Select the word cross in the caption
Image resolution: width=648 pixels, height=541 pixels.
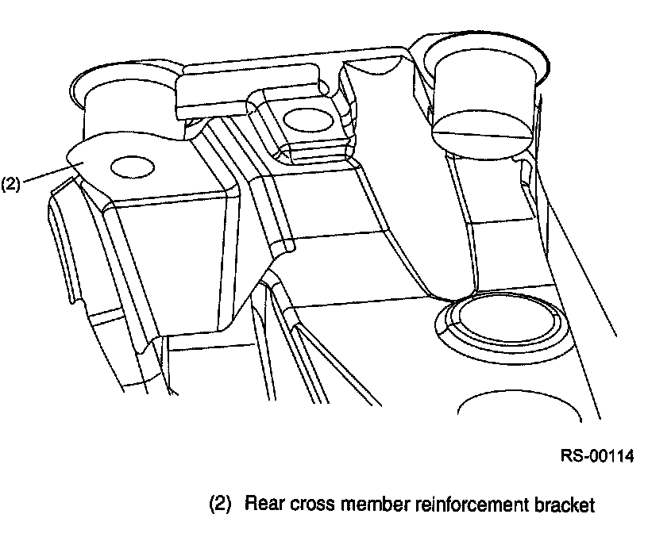(307, 504)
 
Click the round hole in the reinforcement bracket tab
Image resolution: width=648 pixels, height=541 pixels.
(130, 167)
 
